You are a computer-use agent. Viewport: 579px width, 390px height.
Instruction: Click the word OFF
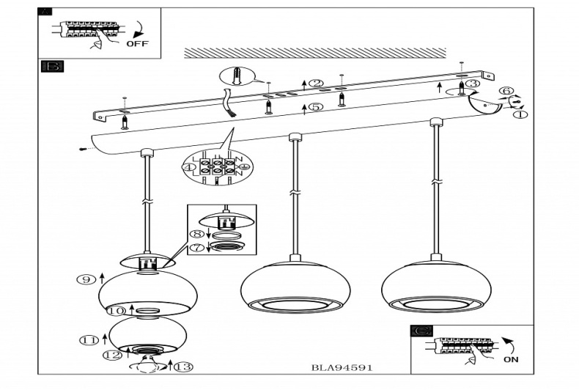point(137,43)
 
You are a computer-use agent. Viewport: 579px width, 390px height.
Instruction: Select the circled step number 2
point(316,84)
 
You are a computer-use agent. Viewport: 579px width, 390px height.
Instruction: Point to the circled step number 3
point(473,84)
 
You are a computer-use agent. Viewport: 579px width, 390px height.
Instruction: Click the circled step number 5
point(315,107)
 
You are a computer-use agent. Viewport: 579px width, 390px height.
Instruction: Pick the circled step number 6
point(506,92)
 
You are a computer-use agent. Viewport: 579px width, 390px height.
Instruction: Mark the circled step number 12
point(111,356)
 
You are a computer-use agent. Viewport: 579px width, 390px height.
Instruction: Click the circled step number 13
point(183,367)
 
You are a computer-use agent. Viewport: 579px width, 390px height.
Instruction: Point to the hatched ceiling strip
point(314,53)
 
